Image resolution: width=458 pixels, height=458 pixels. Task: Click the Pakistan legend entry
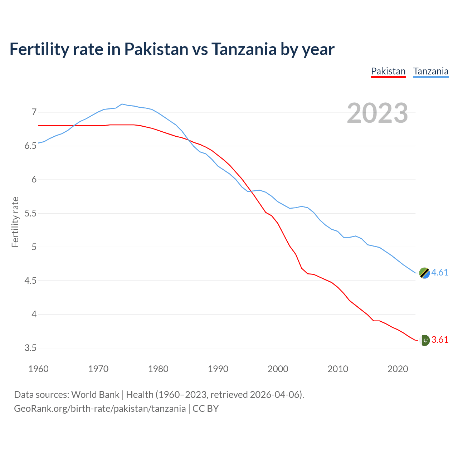388,71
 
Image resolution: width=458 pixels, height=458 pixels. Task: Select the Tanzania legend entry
431,71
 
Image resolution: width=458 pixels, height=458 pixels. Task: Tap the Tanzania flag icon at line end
424,273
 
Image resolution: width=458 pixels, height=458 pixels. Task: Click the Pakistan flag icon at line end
424,340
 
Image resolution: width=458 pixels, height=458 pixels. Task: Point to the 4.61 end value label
440,272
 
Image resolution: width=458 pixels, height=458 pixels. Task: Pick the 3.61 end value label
440,340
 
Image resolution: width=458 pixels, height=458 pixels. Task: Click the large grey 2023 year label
377,113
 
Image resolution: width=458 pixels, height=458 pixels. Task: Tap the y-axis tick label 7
34,112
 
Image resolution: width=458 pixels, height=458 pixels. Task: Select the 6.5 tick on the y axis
31,146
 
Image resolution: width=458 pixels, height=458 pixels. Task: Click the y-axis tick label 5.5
31,213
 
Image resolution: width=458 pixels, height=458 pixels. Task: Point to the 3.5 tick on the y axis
31,348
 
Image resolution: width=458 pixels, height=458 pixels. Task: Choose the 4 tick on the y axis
34,314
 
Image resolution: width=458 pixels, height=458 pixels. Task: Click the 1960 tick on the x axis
38,369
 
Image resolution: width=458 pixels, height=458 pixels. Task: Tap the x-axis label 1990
218,369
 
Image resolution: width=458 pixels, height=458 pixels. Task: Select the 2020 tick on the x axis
398,369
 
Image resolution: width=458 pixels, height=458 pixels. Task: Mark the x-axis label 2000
278,369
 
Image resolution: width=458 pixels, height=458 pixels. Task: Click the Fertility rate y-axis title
15,222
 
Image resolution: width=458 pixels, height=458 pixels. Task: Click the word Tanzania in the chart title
244,49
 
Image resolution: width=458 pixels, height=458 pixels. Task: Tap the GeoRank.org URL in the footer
100,409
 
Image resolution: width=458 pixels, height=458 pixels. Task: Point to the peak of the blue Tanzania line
122,104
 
